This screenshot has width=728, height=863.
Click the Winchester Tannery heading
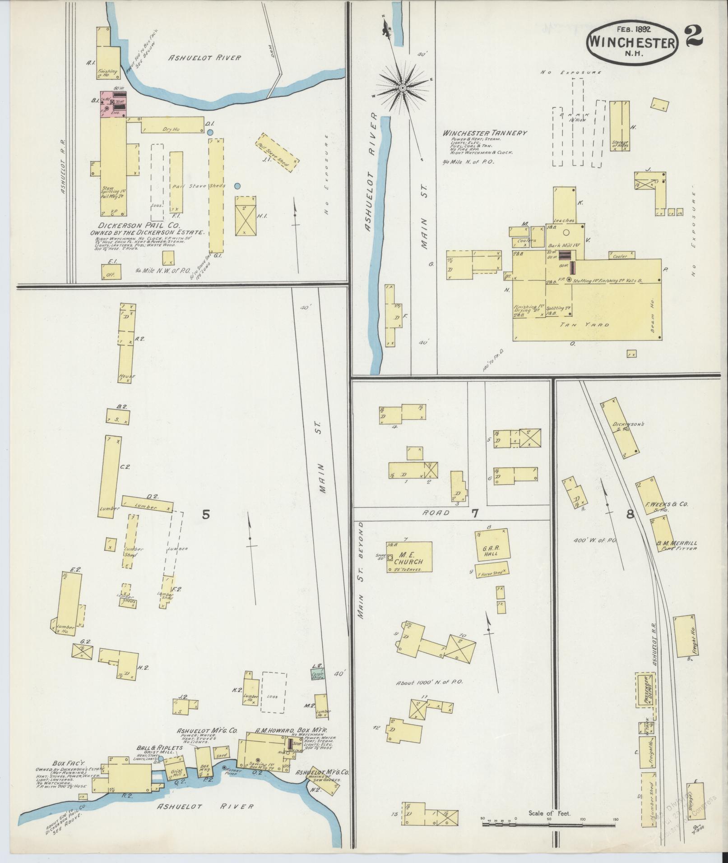point(485,133)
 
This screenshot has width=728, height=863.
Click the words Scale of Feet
point(549,813)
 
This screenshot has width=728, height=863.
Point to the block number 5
point(206,514)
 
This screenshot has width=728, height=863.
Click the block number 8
point(630,514)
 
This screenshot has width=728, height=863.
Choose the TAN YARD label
point(585,325)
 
